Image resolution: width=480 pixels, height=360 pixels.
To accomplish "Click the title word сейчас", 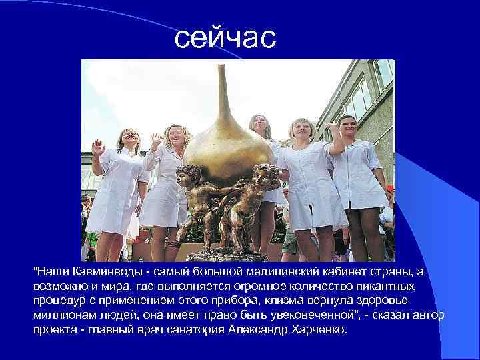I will (x=225, y=38).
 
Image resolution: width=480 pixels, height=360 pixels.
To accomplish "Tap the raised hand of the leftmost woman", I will (x=97, y=147).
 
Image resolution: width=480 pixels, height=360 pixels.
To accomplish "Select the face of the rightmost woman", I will (x=348, y=126).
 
